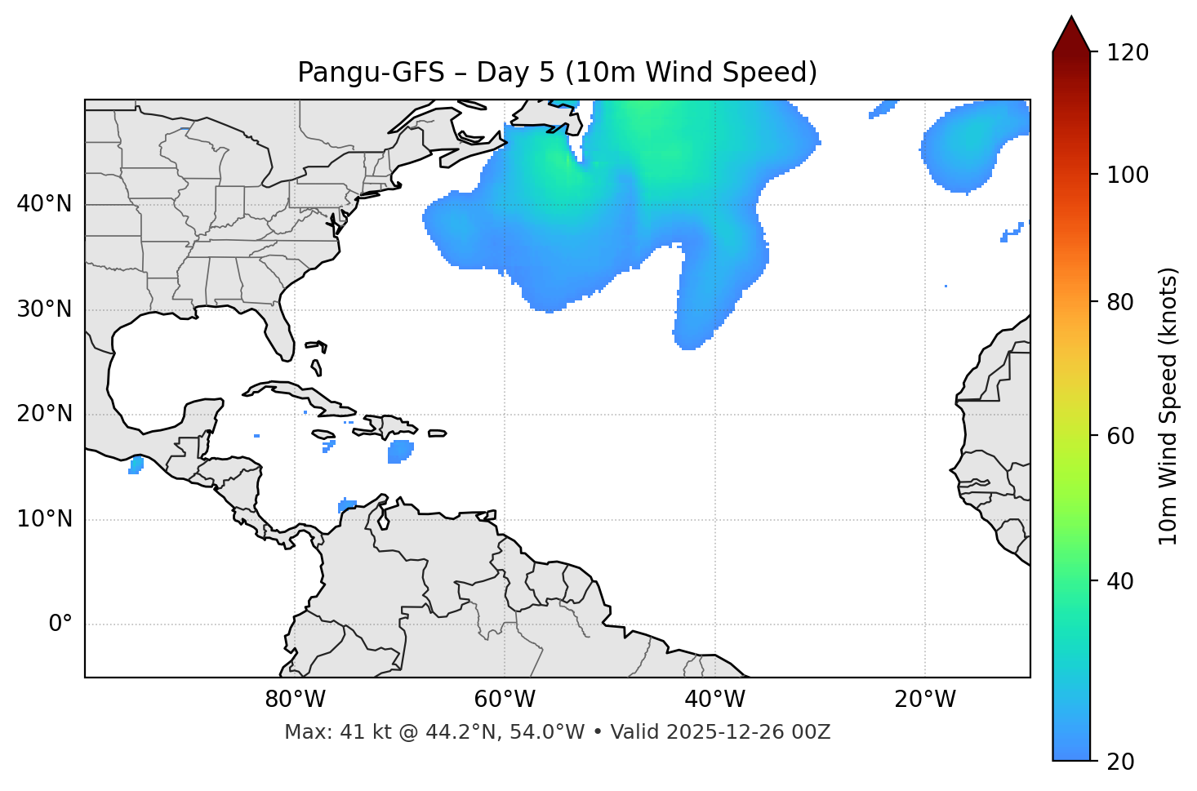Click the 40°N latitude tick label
pos(44,204)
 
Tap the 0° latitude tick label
pos(60,624)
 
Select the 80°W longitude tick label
pos(295,700)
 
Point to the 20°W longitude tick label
pos(925,700)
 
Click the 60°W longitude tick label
pos(505,700)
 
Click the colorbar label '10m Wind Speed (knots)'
pos(1168,407)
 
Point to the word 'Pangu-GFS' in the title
pos(371,73)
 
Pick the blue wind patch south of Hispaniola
pos(400,451)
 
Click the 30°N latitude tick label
pos(44,309)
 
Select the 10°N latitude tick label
pos(44,519)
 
